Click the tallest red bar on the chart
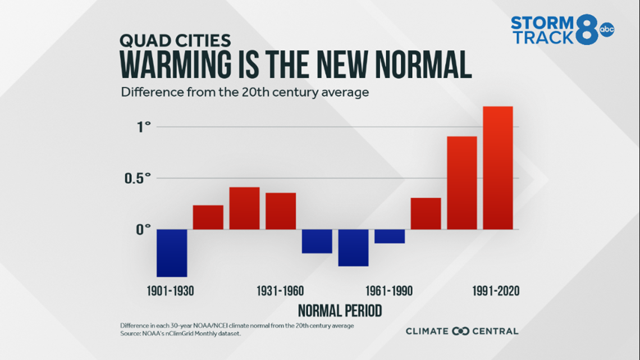tap(498, 168)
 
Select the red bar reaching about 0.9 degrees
tap(461, 183)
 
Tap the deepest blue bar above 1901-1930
tap(171, 253)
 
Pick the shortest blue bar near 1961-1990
tap(390, 236)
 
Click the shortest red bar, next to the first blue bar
tap(208, 217)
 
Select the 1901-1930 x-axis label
tap(171, 291)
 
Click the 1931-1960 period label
tap(280, 291)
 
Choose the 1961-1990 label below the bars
tap(389, 291)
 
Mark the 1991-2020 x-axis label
tap(496, 291)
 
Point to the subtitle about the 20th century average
tap(245, 92)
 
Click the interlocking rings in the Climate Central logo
tap(460, 331)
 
